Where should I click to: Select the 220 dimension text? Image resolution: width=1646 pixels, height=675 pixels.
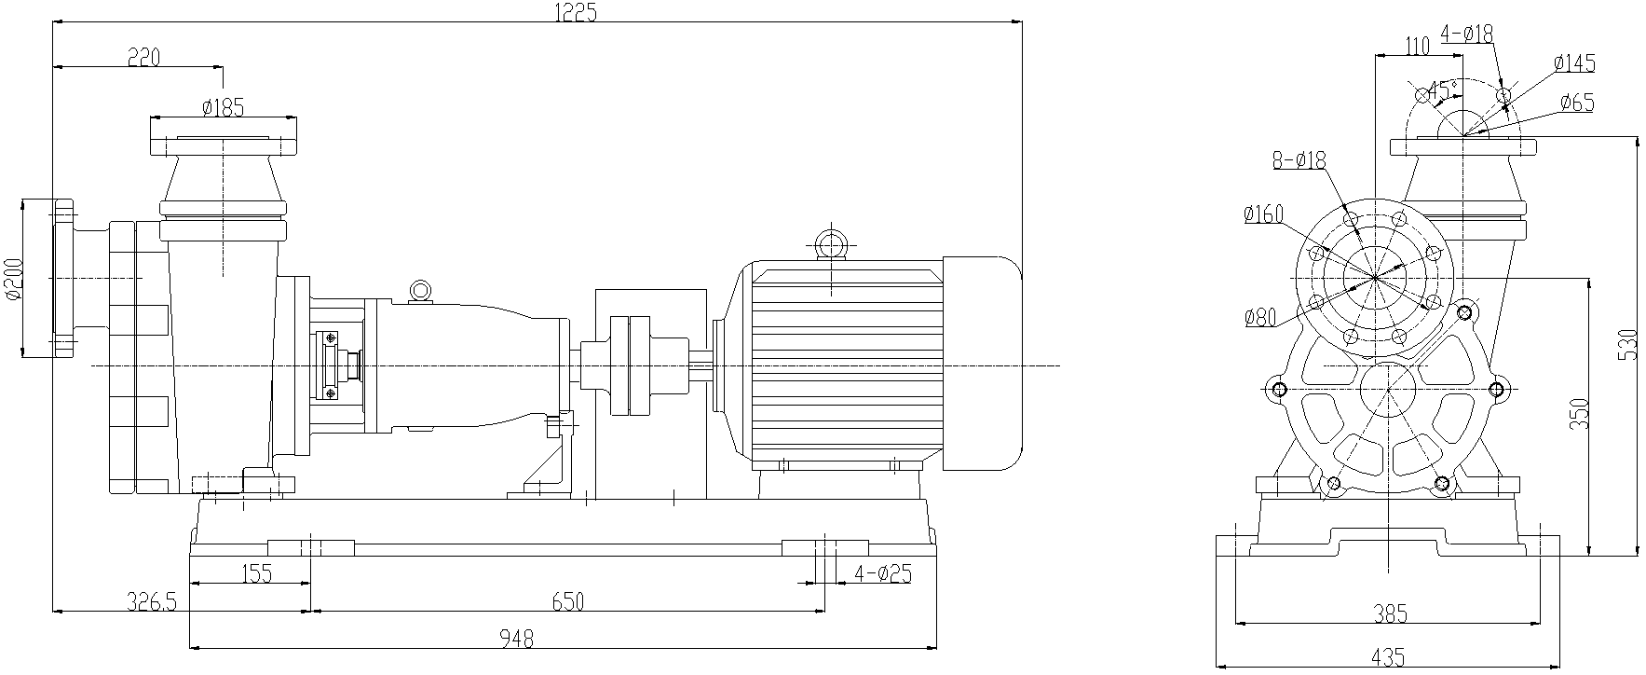point(143,58)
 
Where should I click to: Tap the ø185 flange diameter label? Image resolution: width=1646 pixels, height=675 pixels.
point(224,108)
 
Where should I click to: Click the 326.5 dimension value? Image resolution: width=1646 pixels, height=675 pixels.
point(151,602)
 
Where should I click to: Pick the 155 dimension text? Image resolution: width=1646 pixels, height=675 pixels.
point(255,573)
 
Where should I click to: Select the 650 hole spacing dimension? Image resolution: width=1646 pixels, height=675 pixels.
point(566,602)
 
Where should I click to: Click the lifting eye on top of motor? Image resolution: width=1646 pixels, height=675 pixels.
point(828,244)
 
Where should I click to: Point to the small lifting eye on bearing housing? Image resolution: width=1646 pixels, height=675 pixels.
point(420,290)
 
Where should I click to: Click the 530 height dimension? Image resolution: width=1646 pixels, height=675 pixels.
point(1627,345)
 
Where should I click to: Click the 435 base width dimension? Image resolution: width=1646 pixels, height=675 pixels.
point(1389,658)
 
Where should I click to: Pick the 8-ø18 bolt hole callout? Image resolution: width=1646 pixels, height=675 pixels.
point(1299,160)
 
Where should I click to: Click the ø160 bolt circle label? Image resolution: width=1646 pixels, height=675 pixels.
point(1263,214)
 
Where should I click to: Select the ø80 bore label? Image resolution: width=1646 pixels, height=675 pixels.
point(1259,318)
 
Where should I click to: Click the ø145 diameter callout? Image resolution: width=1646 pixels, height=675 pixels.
point(1574,63)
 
